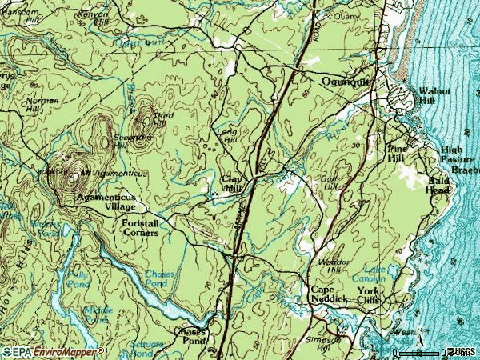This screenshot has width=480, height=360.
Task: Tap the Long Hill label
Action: pyautogui.click(x=227, y=135)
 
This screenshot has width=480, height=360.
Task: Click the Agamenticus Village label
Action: pyautogui.click(x=106, y=201)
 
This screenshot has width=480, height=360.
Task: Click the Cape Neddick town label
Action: pyautogui.click(x=328, y=294)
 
